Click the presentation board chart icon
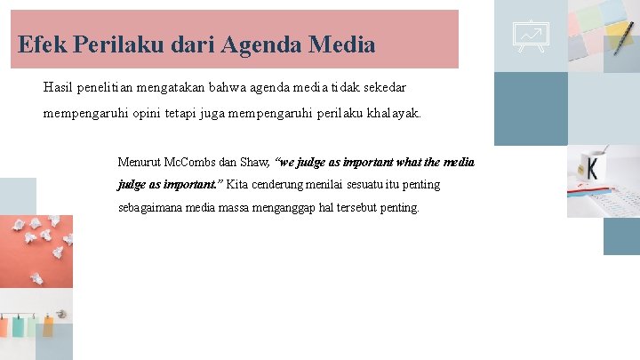[531, 35]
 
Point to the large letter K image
[590, 168]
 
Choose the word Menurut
[138, 163]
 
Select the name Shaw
[254, 163]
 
